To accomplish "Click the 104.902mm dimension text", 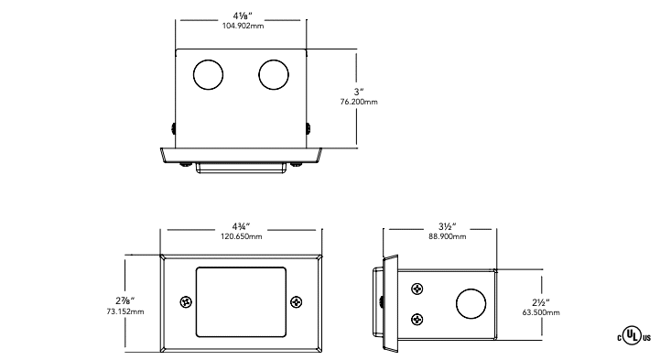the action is point(243,26).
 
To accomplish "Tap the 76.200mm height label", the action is point(359,102).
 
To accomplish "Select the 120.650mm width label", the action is point(242,236).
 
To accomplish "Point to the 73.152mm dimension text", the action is point(125,311).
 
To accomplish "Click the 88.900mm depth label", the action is point(448,236).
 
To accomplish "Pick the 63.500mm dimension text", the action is point(541,312).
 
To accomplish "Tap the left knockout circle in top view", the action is point(209,75).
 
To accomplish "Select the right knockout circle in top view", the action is point(274,75).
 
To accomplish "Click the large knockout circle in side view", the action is point(471,303).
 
